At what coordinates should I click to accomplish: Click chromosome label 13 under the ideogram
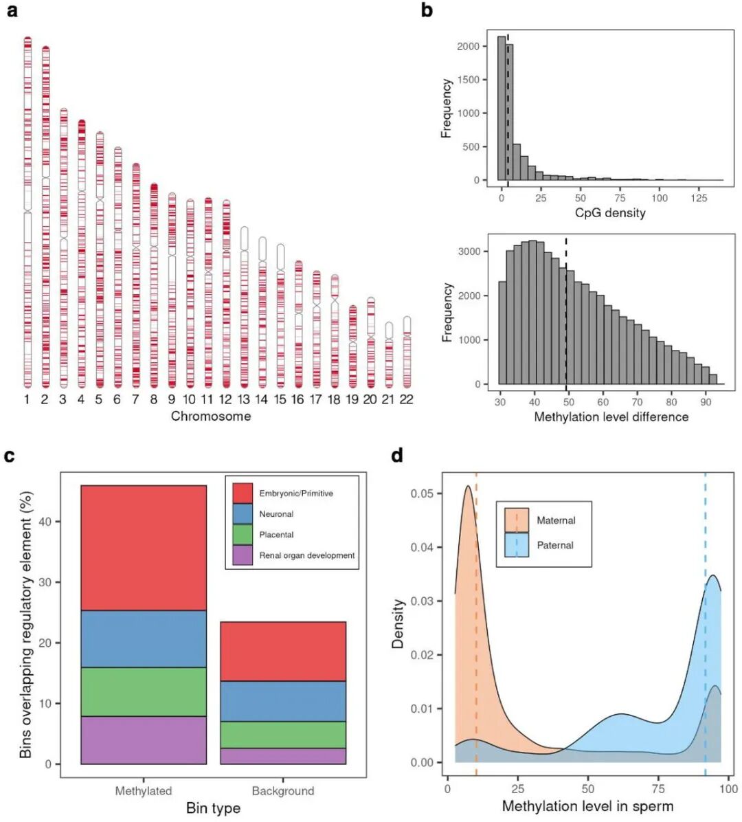click(x=243, y=399)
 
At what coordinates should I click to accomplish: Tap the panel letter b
click(x=427, y=11)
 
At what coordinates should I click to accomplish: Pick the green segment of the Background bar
click(x=283, y=735)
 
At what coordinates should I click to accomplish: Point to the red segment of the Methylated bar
click(x=144, y=548)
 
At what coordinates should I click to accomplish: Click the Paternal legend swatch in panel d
click(x=517, y=545)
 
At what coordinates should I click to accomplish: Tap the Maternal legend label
click(x=556, y=520)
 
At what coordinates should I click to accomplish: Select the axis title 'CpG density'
click(x=609, y=213)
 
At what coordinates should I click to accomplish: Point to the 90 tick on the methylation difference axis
click(x=706, y=402)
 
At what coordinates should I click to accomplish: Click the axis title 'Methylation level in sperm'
click(x=587, y=806)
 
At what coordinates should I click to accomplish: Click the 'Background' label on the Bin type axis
click(x=283, y=791)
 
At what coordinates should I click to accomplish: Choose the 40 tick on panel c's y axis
click(x=45, y=522)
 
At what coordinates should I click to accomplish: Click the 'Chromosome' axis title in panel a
click(x=211, y=416)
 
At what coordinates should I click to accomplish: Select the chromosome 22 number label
click(x=406, y=399)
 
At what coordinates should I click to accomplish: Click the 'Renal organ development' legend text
click(x=306, y=555)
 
